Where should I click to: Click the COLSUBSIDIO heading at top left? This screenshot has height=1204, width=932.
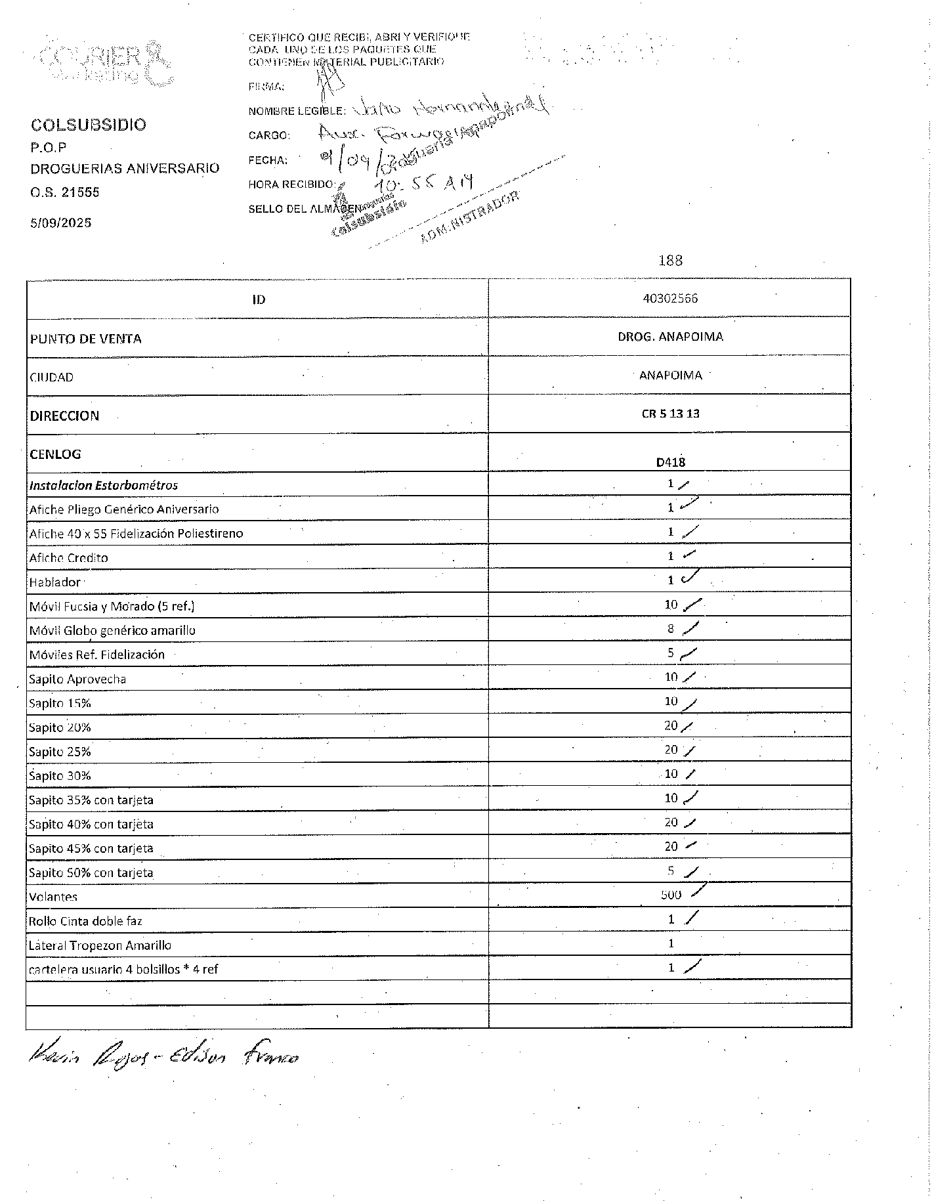89,125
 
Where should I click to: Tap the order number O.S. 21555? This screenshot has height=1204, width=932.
65,192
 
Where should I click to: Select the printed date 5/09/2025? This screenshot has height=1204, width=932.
61,223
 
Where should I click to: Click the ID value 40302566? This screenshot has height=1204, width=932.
670,299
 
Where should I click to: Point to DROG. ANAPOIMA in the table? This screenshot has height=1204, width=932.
670,337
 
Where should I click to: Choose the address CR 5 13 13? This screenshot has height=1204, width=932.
670,414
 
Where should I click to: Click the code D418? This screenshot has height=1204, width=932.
670,462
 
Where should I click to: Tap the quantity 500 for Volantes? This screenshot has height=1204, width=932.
671,895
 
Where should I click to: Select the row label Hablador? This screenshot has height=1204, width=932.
54,582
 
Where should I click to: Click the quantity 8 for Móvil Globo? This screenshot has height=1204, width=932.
671,629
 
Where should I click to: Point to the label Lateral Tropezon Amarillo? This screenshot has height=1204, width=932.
100,945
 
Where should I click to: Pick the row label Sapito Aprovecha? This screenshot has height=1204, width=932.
77,679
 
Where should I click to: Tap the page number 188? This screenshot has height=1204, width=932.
670,261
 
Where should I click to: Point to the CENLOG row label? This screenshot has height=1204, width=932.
55,454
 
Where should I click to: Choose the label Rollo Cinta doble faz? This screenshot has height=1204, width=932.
85,921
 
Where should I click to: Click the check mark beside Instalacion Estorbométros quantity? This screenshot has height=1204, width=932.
683,484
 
